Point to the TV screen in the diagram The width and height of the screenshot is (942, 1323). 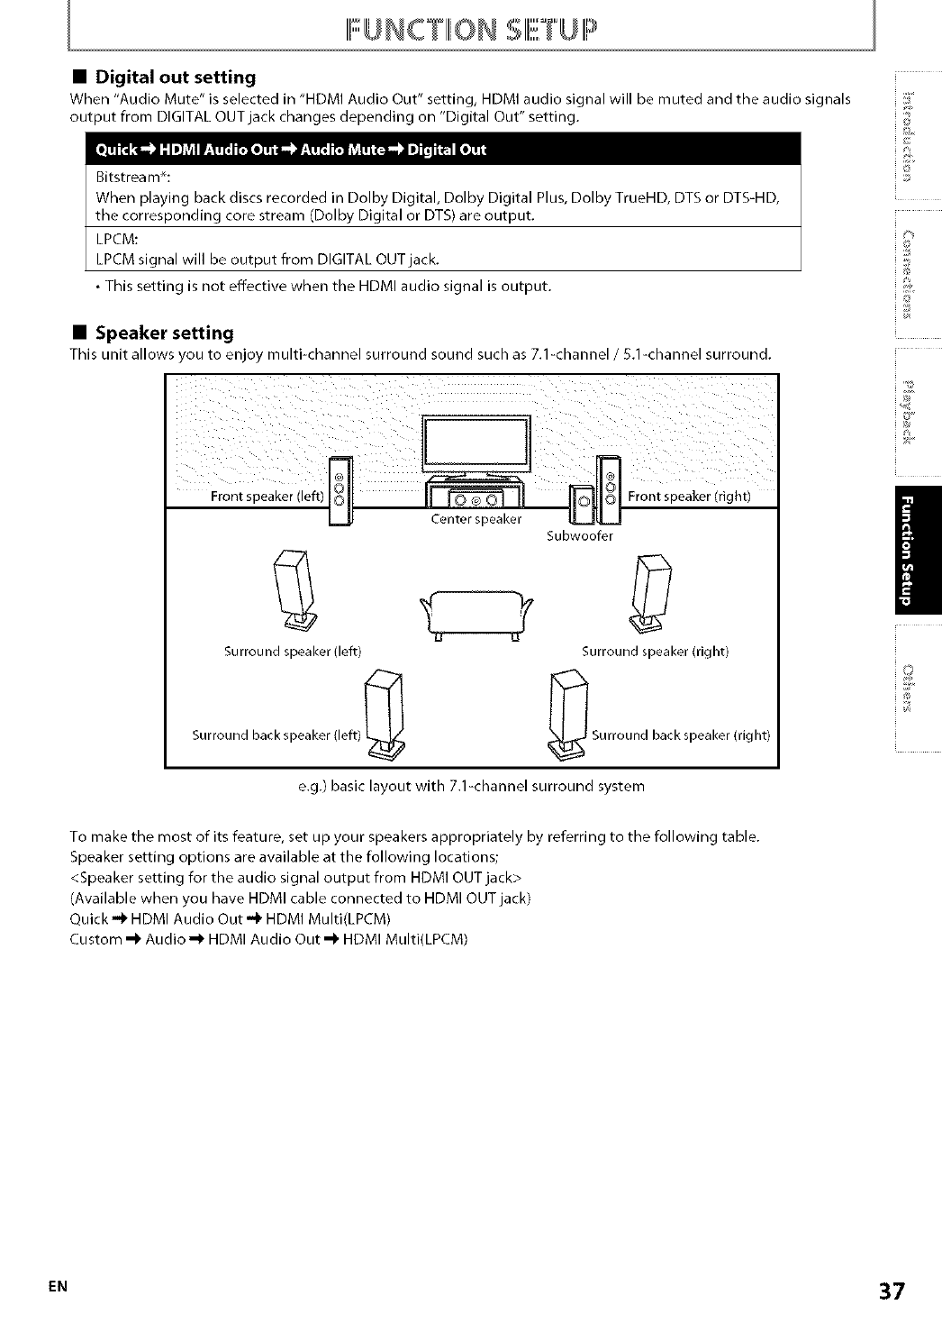(476, 443)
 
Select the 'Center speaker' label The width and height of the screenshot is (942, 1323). (476, 519)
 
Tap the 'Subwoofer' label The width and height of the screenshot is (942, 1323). (580, 535)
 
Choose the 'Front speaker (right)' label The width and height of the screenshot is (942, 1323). (689, 496)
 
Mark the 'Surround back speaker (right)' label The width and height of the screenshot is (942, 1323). (681, 734)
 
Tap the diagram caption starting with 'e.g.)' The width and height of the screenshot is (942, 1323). (470, 786)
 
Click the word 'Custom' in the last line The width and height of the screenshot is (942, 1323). (95, 939)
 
